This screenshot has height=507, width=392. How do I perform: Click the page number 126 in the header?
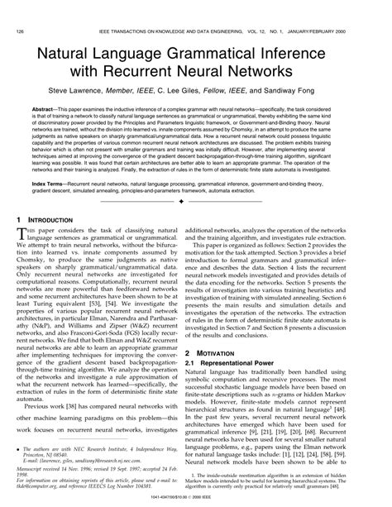click(x=19, y=8)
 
